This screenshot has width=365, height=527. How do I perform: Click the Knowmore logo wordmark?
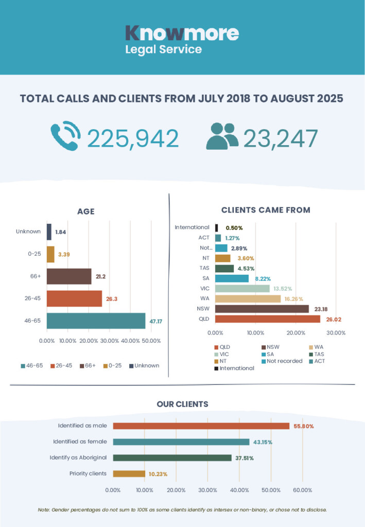tap(182, 33)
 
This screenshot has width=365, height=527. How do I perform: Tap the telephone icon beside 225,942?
tap(66, 135)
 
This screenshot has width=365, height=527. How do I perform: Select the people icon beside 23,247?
tap(222, 136)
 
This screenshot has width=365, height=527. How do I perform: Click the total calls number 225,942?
tap(133, 138)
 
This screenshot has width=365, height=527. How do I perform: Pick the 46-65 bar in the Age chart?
tap(96, 321)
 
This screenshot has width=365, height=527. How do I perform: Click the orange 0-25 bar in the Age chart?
tap(50, 254)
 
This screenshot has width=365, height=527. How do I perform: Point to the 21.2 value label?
tap(100, 276)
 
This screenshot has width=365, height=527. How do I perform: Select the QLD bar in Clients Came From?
tap(268, 319)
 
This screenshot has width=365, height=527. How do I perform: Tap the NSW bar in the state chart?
tap(262, 309)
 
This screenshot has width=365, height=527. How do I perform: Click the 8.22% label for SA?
tap(263, 278)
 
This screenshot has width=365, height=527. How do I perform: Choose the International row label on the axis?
tap(192, 227)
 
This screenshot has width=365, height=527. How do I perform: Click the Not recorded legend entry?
tap(282, 361)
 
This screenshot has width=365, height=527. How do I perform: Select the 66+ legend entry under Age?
tap(88, 366)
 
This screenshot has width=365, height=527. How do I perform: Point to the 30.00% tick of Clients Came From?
tap(336, 333)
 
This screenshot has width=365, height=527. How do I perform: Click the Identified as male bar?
tap(201, 426)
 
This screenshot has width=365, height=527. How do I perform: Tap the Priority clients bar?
tap(129, 474)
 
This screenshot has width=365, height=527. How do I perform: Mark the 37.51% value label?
tap(245, 458)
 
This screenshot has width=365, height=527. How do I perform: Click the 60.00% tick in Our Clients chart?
tap(303, 490)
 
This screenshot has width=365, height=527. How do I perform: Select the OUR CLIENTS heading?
tap(182, 404)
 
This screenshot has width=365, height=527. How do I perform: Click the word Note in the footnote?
tap(44, 510)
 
